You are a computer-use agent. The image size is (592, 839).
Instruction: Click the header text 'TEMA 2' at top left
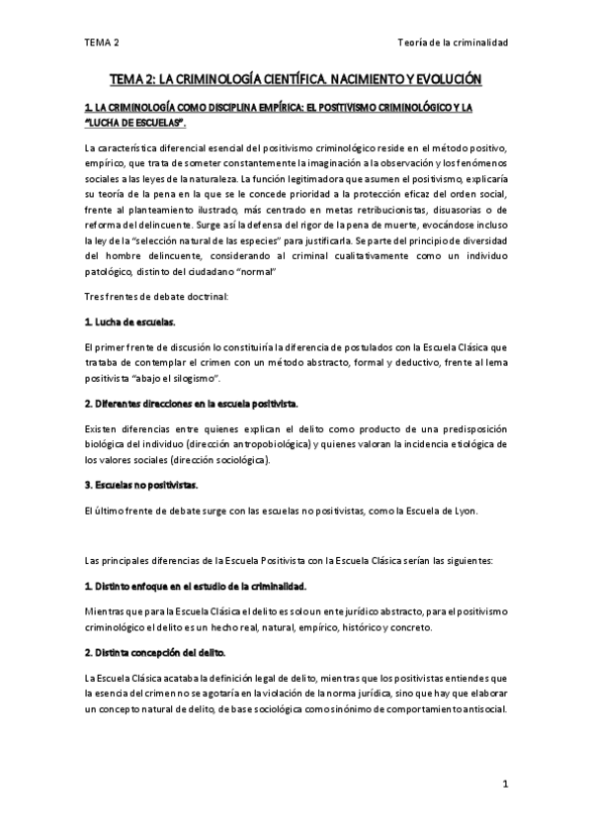pyautogui.click(x=102, y=43)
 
